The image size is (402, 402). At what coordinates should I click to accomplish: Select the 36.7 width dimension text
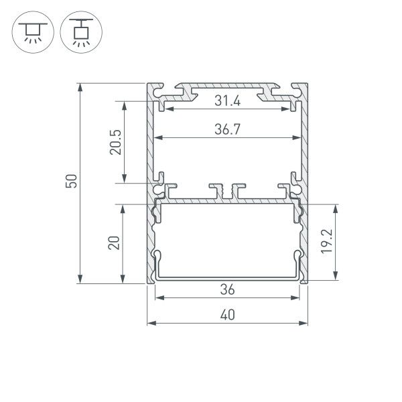point(228,130)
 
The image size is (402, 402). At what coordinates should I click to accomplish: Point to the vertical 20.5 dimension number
point(115,142)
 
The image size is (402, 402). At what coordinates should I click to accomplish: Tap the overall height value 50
point(72,182)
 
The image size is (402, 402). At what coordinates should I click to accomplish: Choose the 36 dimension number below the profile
point(228,290)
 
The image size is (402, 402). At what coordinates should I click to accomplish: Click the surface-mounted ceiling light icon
point(29,31)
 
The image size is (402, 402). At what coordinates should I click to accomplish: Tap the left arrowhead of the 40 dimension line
point(149,323)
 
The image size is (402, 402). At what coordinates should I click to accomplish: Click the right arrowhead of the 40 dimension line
point(306,323)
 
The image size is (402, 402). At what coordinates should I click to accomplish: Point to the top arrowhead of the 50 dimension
point(81,86)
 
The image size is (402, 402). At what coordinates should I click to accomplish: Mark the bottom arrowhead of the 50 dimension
point(81,281)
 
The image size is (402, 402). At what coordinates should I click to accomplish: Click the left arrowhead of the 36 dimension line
point(158,297)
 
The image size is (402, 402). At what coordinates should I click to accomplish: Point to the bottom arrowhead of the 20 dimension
point(123,281)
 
